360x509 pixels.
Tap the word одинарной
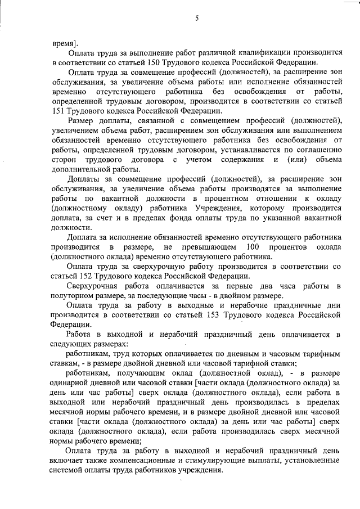tap(73, 384)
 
